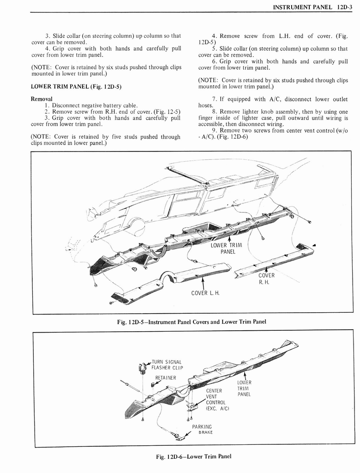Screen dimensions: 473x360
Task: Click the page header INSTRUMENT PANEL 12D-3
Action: pyautogui.click(x=312, y=6)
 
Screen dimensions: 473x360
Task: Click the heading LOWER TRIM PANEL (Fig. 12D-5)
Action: pyautogui.click(x=76, y=86)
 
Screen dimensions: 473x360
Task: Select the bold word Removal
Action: pyautogui.click(x=42, y=99)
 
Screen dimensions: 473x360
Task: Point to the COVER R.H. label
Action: pyautogui.click(x=266, y=279)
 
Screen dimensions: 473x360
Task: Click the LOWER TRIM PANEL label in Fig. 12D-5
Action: pyautogui.click(x=226, y=249)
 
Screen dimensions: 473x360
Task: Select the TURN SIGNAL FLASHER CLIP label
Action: pyautogui.click(x=167, y=364)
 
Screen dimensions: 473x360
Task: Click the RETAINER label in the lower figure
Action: pyautogui.click(x=165, y=378)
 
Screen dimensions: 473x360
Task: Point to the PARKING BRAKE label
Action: pyautogui.click(x=202, y=430)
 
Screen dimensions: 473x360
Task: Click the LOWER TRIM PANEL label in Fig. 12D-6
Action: pyautogui.click(x=244, y=388)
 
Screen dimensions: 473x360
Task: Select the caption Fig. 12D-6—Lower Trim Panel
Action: pyautogui.click(x=193, y=456)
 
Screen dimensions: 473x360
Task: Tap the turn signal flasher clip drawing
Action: pyautogui.click(x=142, y=368)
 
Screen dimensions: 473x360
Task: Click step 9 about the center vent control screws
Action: pyautogui.click(x=273, y=133)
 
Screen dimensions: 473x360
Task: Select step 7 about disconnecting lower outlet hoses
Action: pyautogui.click(x=273, y=102)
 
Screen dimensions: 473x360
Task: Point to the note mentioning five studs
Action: pyautogui.click(x=106, y=139)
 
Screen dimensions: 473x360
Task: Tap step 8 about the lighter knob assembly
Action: pyautogui.click(x=273, y=118)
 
